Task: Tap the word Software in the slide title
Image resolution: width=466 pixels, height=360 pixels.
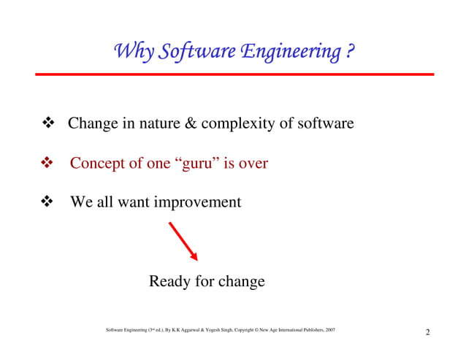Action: (x=191, y=53)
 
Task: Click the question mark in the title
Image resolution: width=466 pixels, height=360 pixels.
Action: (x=351, y=53)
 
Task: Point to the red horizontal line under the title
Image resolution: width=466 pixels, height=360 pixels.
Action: (x=234, y=74)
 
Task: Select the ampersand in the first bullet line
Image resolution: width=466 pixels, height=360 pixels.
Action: (x=188, y=123)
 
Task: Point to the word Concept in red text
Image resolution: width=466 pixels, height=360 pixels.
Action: (x=98, y=164)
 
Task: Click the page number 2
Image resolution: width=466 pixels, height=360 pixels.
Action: (x=427, y=334)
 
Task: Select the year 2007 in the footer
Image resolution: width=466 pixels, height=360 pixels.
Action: (x=330, y=331)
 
